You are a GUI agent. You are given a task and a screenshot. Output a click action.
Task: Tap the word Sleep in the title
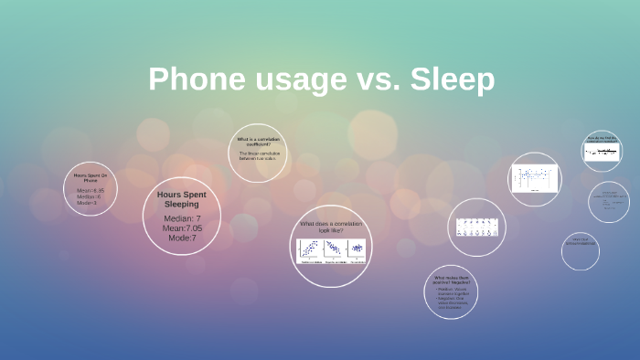pyautogui.click(x=452, y=80)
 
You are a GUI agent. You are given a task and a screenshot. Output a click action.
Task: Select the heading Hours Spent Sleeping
pyautogui.click(x=181, y=199)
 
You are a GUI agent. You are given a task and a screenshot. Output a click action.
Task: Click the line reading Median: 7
pyautogui.click(x=181, y=218)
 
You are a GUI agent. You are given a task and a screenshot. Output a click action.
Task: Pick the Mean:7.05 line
pyautogui.click(x=181, y=228)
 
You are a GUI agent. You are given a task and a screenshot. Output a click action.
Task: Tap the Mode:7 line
pyautogui.click(x=180, y=238)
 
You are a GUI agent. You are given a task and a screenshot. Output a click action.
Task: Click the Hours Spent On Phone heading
pyautogui.click(x=91, y=177)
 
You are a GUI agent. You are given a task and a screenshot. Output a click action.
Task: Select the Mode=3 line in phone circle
pyautogui.click(x=87, y=202)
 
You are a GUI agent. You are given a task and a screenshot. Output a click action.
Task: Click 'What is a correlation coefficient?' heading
pyautogui.click(x=258, y=142)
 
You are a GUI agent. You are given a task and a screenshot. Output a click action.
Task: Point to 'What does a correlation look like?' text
pyautogui.click(x=331, y=226)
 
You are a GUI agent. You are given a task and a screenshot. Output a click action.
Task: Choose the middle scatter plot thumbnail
pyautogui.click(x=333, y=250)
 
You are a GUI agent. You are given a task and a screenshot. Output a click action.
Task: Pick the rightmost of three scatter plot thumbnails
pyautogui.click(x=357, y=250)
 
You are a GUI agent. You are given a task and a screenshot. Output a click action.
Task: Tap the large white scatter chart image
pyautogui.click(x=535, y=178)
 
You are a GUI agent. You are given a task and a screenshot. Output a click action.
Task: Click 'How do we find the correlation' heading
pyautogui.click(x=603, y=139)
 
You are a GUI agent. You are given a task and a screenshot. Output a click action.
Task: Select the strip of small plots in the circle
pyautogui.click(x=476, y=227)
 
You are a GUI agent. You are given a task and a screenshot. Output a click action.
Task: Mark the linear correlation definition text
pyautogui.click(x=259, y=154)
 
